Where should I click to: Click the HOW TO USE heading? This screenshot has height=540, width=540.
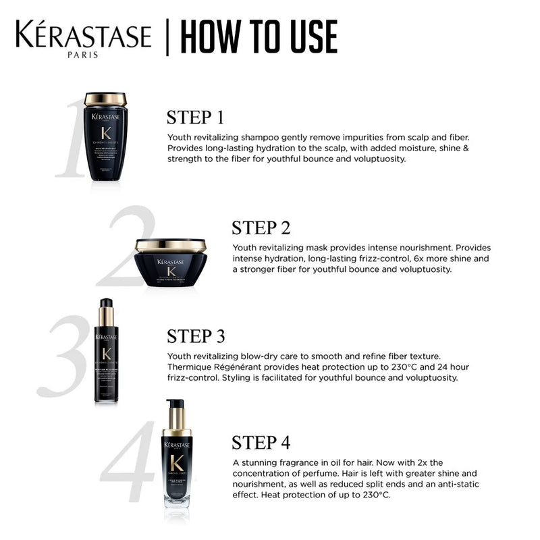(259, 38)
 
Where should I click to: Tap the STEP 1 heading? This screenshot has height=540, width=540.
(195, 117)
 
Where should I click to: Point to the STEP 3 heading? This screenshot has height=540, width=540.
(196, 335)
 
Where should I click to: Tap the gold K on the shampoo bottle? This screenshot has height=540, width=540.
(105, 133)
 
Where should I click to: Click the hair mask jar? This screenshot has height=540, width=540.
(170, 263)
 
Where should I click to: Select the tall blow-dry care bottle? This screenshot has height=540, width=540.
(106, 351)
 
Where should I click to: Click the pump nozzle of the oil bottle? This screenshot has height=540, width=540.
(176, 405)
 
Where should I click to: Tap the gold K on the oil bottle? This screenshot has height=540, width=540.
(177, 464)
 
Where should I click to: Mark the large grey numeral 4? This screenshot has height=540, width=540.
(132, 462)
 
